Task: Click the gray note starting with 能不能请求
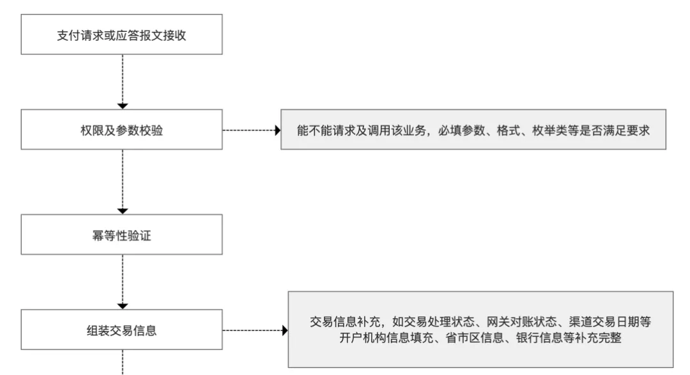pyautogui.click(x=473, y=130)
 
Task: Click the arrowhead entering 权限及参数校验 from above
pyautogui.click(x=123, y=105)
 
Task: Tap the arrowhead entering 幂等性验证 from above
pyautogui.click(x=123, y=211)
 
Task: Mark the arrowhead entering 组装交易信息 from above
pyautogui.click(x=123, y=305)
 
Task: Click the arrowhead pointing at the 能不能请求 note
pyautogui.click(x=277, y=130)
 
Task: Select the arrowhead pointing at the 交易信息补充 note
pyautogui.click(x=285, y=331)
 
